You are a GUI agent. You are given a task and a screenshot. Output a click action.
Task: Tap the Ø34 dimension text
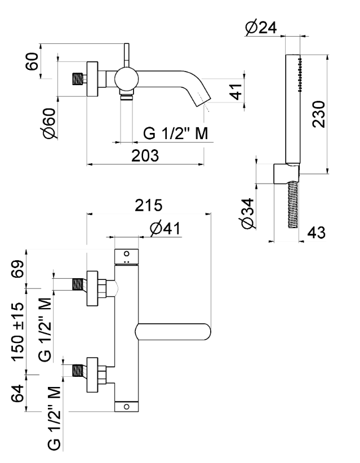click(246, 213)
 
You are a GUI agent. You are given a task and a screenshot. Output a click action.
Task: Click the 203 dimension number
click(144, 155)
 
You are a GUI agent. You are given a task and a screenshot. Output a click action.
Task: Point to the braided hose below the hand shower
click(292, 206)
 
